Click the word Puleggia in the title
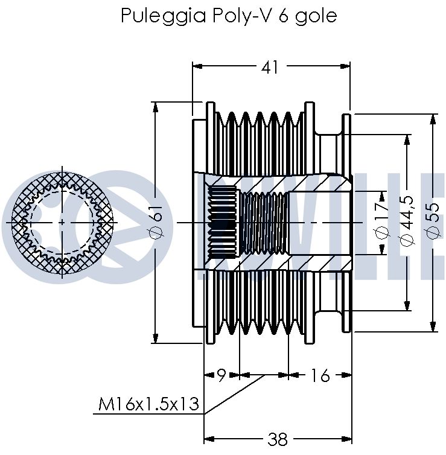pos(164,16)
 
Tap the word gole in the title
pos(316,16)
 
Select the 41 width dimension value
pos(270,68)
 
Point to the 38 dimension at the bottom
pos(278,439)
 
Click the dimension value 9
pos(221,375)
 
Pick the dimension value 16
pos(320,375)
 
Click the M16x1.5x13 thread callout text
pos(149,404)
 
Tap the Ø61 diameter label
pos(157,222)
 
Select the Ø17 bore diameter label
pos(382,221)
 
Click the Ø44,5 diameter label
pos(407,221)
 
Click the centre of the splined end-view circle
pos(62,223)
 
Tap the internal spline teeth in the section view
pos(223,221)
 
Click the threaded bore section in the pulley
pos(264,223)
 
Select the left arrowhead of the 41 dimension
pos(197,66)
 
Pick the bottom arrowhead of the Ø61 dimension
pos(156,338)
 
